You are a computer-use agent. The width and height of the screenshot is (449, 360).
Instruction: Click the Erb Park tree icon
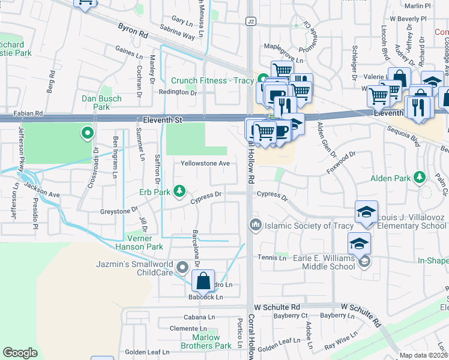pos(179,191)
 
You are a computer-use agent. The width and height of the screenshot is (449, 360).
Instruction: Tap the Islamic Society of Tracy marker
pos(255,225)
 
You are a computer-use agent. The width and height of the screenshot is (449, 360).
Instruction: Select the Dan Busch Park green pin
pos(88,133)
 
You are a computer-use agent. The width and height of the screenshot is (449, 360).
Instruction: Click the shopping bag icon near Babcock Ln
pos(203,280)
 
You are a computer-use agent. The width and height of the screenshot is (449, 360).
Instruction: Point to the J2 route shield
pos(251,21)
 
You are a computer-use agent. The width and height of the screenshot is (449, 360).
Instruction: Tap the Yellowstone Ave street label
pos(206,163)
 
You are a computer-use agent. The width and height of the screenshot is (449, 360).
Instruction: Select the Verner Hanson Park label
pos(137,242)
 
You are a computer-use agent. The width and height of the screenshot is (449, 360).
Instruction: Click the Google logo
pos(20,353)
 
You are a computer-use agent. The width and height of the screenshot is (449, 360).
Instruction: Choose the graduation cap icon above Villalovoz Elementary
pos(366,212)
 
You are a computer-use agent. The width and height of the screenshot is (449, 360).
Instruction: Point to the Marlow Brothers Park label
pos(206,341)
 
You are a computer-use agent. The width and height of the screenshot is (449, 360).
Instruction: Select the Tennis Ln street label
pos(272,258)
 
